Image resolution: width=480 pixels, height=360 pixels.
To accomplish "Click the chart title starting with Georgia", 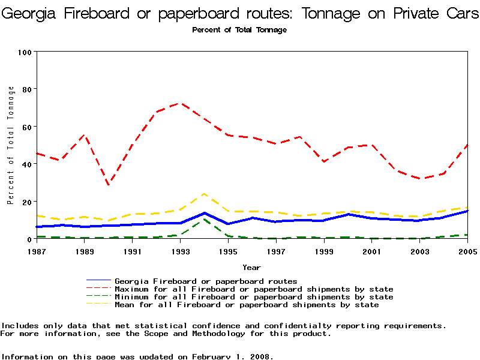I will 240,13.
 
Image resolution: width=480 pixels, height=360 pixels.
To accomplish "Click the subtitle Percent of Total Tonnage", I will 239,30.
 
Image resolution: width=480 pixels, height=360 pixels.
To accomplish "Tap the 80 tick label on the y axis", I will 26,89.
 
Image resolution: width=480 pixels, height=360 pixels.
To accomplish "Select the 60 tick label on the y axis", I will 26,127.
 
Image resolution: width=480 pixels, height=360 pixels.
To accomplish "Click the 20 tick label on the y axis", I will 26,202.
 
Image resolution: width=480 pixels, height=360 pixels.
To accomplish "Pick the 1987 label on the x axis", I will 37,251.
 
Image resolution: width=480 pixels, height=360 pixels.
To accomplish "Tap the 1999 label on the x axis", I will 324,251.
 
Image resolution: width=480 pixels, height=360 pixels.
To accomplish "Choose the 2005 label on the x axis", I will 467,251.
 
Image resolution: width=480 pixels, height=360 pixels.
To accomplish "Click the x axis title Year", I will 251,267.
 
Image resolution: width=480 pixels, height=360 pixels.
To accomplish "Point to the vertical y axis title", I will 11,145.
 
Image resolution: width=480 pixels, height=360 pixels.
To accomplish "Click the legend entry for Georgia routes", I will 206,281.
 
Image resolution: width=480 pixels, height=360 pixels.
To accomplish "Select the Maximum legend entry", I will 254,289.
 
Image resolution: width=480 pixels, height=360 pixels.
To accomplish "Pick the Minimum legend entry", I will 254,297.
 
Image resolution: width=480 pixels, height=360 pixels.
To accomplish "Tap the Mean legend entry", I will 247,305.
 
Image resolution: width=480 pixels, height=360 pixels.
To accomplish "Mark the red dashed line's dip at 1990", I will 109,185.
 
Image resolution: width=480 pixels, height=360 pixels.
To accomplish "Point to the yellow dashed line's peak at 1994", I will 204,194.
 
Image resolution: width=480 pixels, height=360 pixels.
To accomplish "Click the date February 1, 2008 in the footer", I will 232,356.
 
